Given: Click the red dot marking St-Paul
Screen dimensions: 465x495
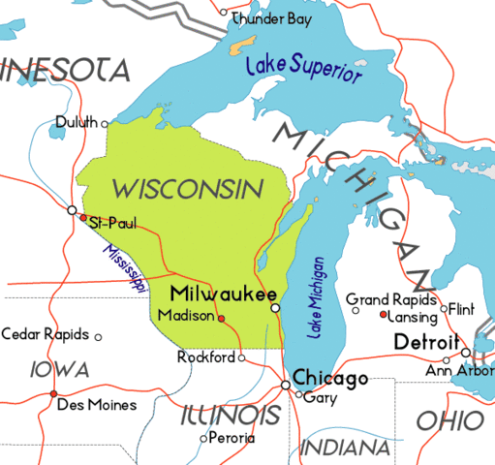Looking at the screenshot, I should (x=83, y=217).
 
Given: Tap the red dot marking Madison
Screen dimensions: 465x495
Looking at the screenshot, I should (x=221, y=319).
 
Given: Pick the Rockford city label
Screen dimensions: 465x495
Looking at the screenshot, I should (x=206, y=357).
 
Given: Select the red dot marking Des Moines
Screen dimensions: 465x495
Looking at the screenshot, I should (x=52, y=393).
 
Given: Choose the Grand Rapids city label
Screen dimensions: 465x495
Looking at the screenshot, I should (x=391, y=298).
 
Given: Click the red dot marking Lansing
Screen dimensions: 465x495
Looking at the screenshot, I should (x=384, y=315).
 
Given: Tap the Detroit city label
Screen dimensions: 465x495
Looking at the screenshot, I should (x=426, y=343).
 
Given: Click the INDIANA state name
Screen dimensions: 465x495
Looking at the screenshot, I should (x=345, y=447).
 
